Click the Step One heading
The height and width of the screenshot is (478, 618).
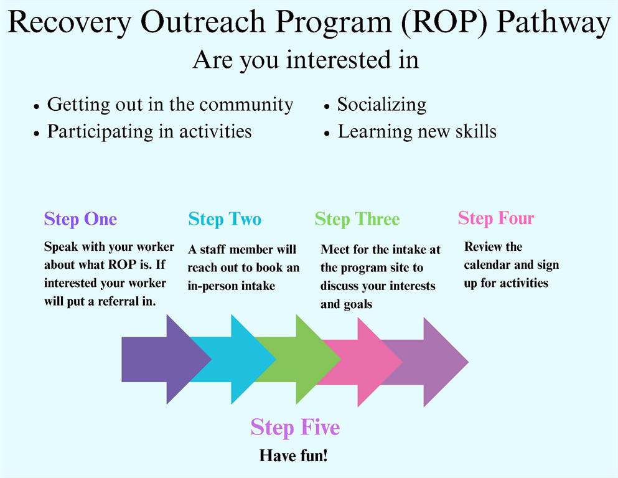click(80, 219)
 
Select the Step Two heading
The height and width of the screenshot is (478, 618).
click(225, 219)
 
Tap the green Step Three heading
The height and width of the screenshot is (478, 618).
click(357, 219)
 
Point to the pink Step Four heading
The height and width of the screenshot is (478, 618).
click(496, 218)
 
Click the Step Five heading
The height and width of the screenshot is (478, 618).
click(295, 427)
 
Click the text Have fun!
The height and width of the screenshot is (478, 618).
click(293, 455)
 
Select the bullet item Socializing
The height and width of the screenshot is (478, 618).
click(381, 104)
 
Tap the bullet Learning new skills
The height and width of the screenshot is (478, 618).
click(416, 131)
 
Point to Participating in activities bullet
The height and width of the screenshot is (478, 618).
click(149, 131)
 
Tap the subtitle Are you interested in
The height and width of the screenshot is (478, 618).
click(306, 60)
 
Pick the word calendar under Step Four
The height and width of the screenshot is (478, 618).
click(487, 265)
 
